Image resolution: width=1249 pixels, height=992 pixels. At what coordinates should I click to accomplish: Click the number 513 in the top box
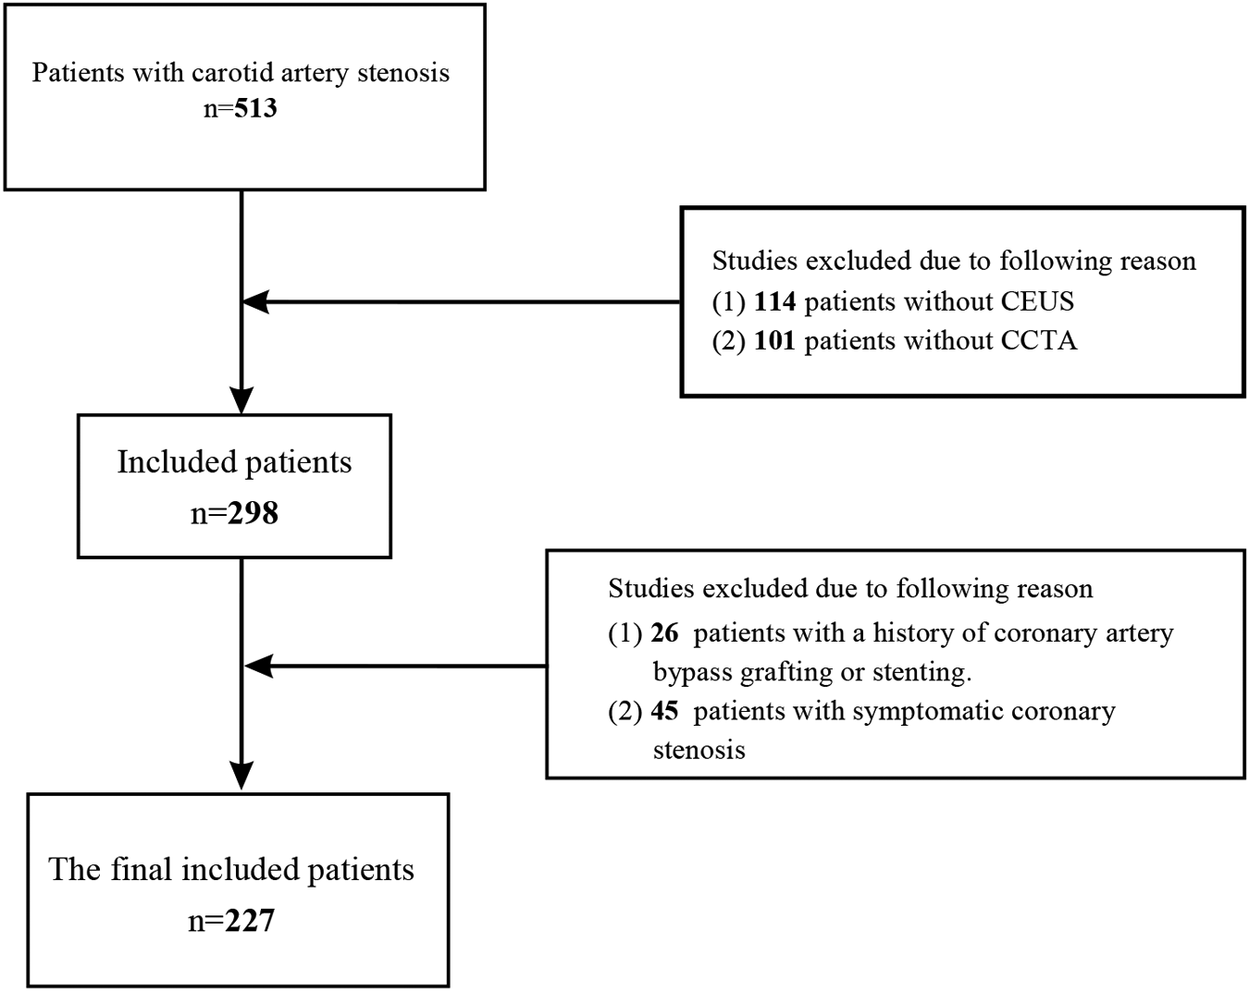point(255,109)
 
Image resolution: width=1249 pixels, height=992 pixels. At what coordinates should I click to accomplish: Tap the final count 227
point(250,921)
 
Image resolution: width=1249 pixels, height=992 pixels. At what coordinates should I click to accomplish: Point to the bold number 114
point(775,301)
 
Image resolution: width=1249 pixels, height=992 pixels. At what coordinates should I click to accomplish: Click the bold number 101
point(775,341)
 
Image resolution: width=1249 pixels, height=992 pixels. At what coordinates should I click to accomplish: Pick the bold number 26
point(664,633)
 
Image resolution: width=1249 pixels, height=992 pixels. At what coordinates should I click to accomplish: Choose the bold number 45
point(664,711)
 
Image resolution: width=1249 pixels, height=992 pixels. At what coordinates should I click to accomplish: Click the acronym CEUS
point(1037,301)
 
